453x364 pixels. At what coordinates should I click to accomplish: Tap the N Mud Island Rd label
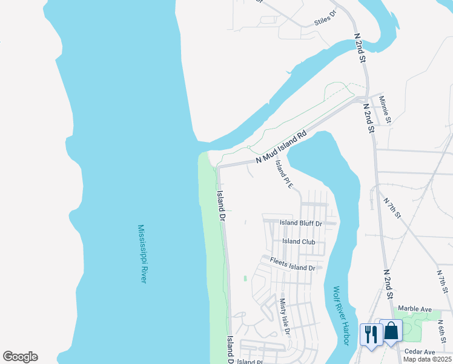point(282,147)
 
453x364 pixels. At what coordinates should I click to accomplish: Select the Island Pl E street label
point(283,174)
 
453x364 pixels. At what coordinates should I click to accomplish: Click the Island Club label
point(299,241)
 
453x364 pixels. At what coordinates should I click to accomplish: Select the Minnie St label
point(386,110)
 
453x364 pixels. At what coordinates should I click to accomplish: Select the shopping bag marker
point(391,331)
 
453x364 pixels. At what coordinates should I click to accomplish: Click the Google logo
point(20,357)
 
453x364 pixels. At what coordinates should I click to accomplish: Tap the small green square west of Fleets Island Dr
point(245,278)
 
